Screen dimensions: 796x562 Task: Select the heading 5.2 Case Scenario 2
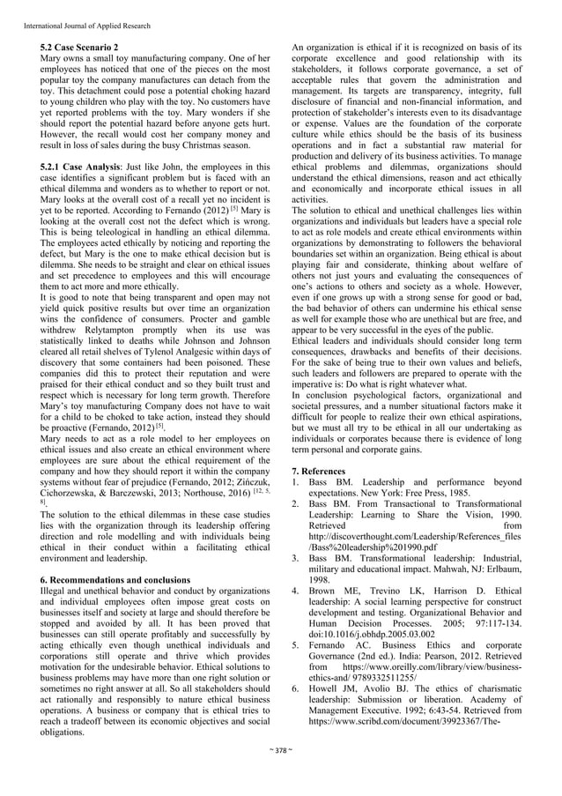[x=82, y=44]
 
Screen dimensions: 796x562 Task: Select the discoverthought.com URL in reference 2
[x=414, y=537]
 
